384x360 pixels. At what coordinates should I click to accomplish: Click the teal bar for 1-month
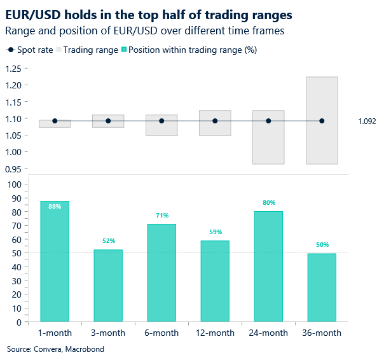click(55, 261)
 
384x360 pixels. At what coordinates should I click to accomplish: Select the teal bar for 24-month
click(268, 267)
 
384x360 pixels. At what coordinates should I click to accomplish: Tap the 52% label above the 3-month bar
click(109, 241)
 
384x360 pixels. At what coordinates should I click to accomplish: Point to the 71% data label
click(161, 216)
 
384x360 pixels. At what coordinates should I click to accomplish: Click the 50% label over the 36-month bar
click(322, 245)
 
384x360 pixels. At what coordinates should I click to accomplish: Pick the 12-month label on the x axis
click(215, 333)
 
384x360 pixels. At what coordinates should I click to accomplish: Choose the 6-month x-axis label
click(161, 333)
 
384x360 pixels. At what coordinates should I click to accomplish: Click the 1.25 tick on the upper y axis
click(13, 69)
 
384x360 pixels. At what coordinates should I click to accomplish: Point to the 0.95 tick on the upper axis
click(13, 169)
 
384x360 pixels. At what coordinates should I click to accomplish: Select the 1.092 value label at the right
click(367, 121)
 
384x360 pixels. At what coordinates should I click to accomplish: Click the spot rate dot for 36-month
click(322, 121)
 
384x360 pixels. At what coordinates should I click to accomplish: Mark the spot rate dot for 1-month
click(55, 121)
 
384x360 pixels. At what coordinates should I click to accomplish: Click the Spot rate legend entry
click(36, 50)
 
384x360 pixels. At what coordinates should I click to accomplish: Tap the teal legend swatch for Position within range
click(124, 50)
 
